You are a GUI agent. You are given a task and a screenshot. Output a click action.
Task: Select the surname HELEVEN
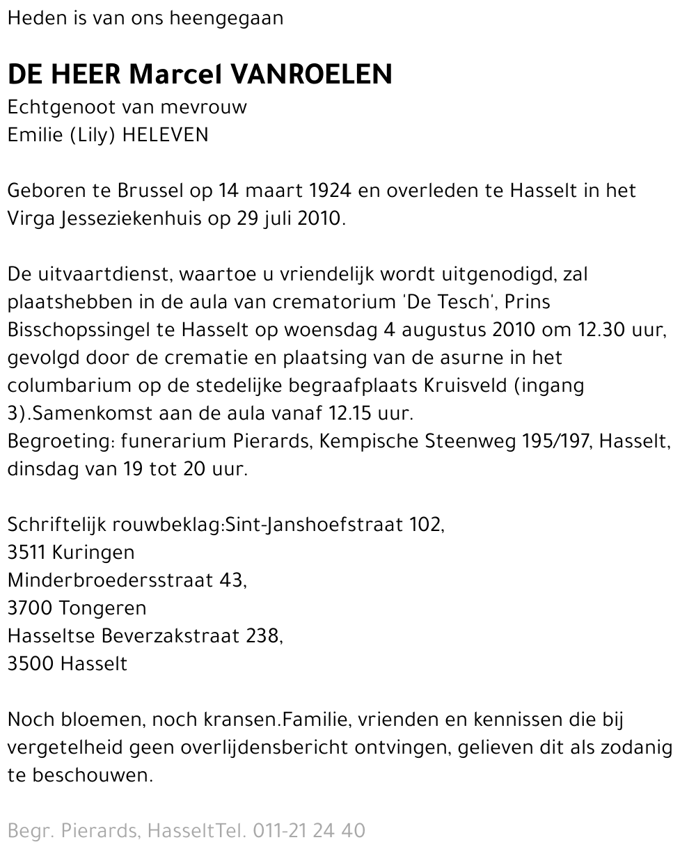[165, 135]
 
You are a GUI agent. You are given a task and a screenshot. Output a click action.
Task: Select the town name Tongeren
[103, 608]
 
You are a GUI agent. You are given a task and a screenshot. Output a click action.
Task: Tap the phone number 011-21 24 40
[309, 831]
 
